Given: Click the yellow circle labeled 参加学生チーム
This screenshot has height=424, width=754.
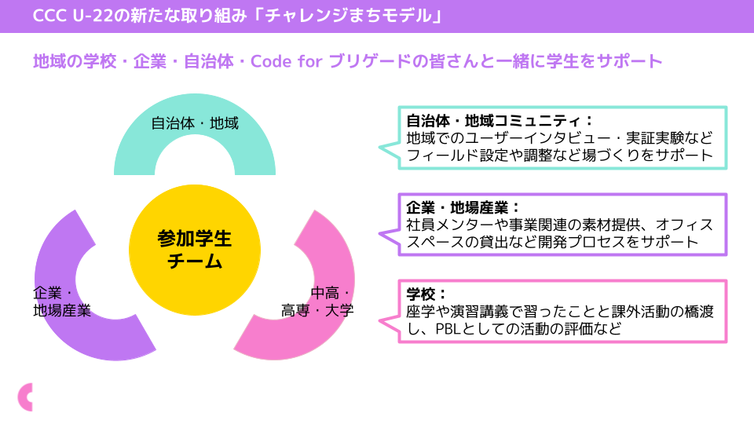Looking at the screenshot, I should coord(195,250).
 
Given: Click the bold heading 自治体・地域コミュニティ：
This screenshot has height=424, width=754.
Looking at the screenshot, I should coord(500,122).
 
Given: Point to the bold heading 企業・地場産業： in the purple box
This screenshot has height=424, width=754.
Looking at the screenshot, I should coord(463,208).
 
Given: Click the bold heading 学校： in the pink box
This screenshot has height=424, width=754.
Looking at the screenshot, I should coord(426,294).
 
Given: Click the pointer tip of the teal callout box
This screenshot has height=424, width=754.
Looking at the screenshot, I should coord(379,146).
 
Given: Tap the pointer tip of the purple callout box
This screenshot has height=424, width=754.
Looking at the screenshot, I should coord(379,232).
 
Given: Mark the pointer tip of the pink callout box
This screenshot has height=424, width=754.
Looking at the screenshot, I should coord(379,320).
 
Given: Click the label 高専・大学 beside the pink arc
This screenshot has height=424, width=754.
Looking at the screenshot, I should coord(317,310).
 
